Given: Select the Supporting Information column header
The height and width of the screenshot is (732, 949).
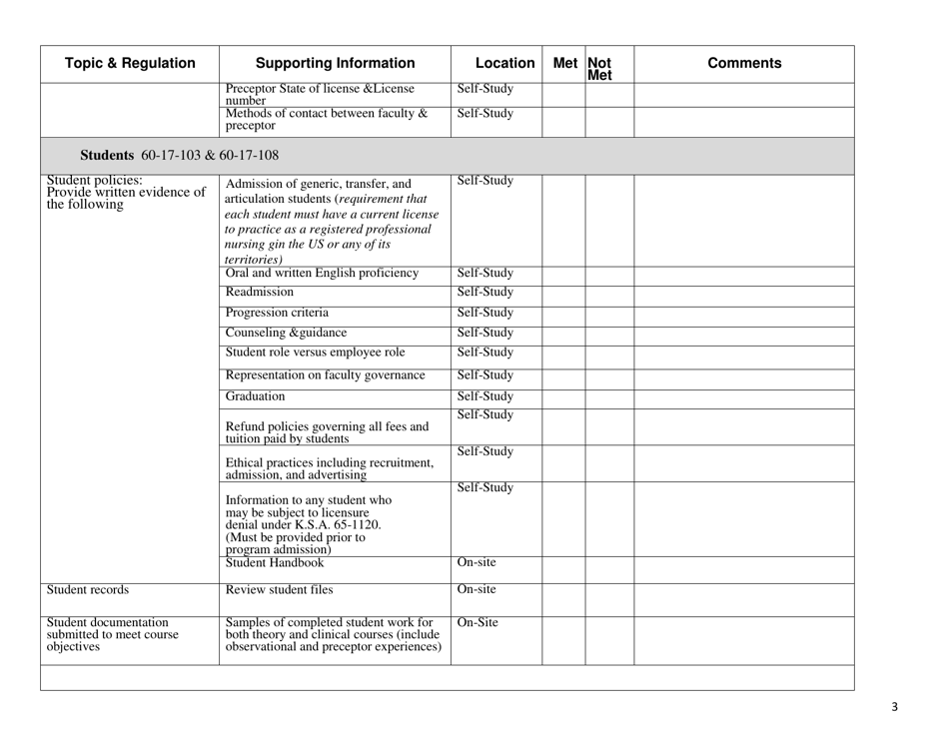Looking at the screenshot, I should point(334,64).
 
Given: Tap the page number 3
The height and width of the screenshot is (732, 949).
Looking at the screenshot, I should point(894,708).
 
